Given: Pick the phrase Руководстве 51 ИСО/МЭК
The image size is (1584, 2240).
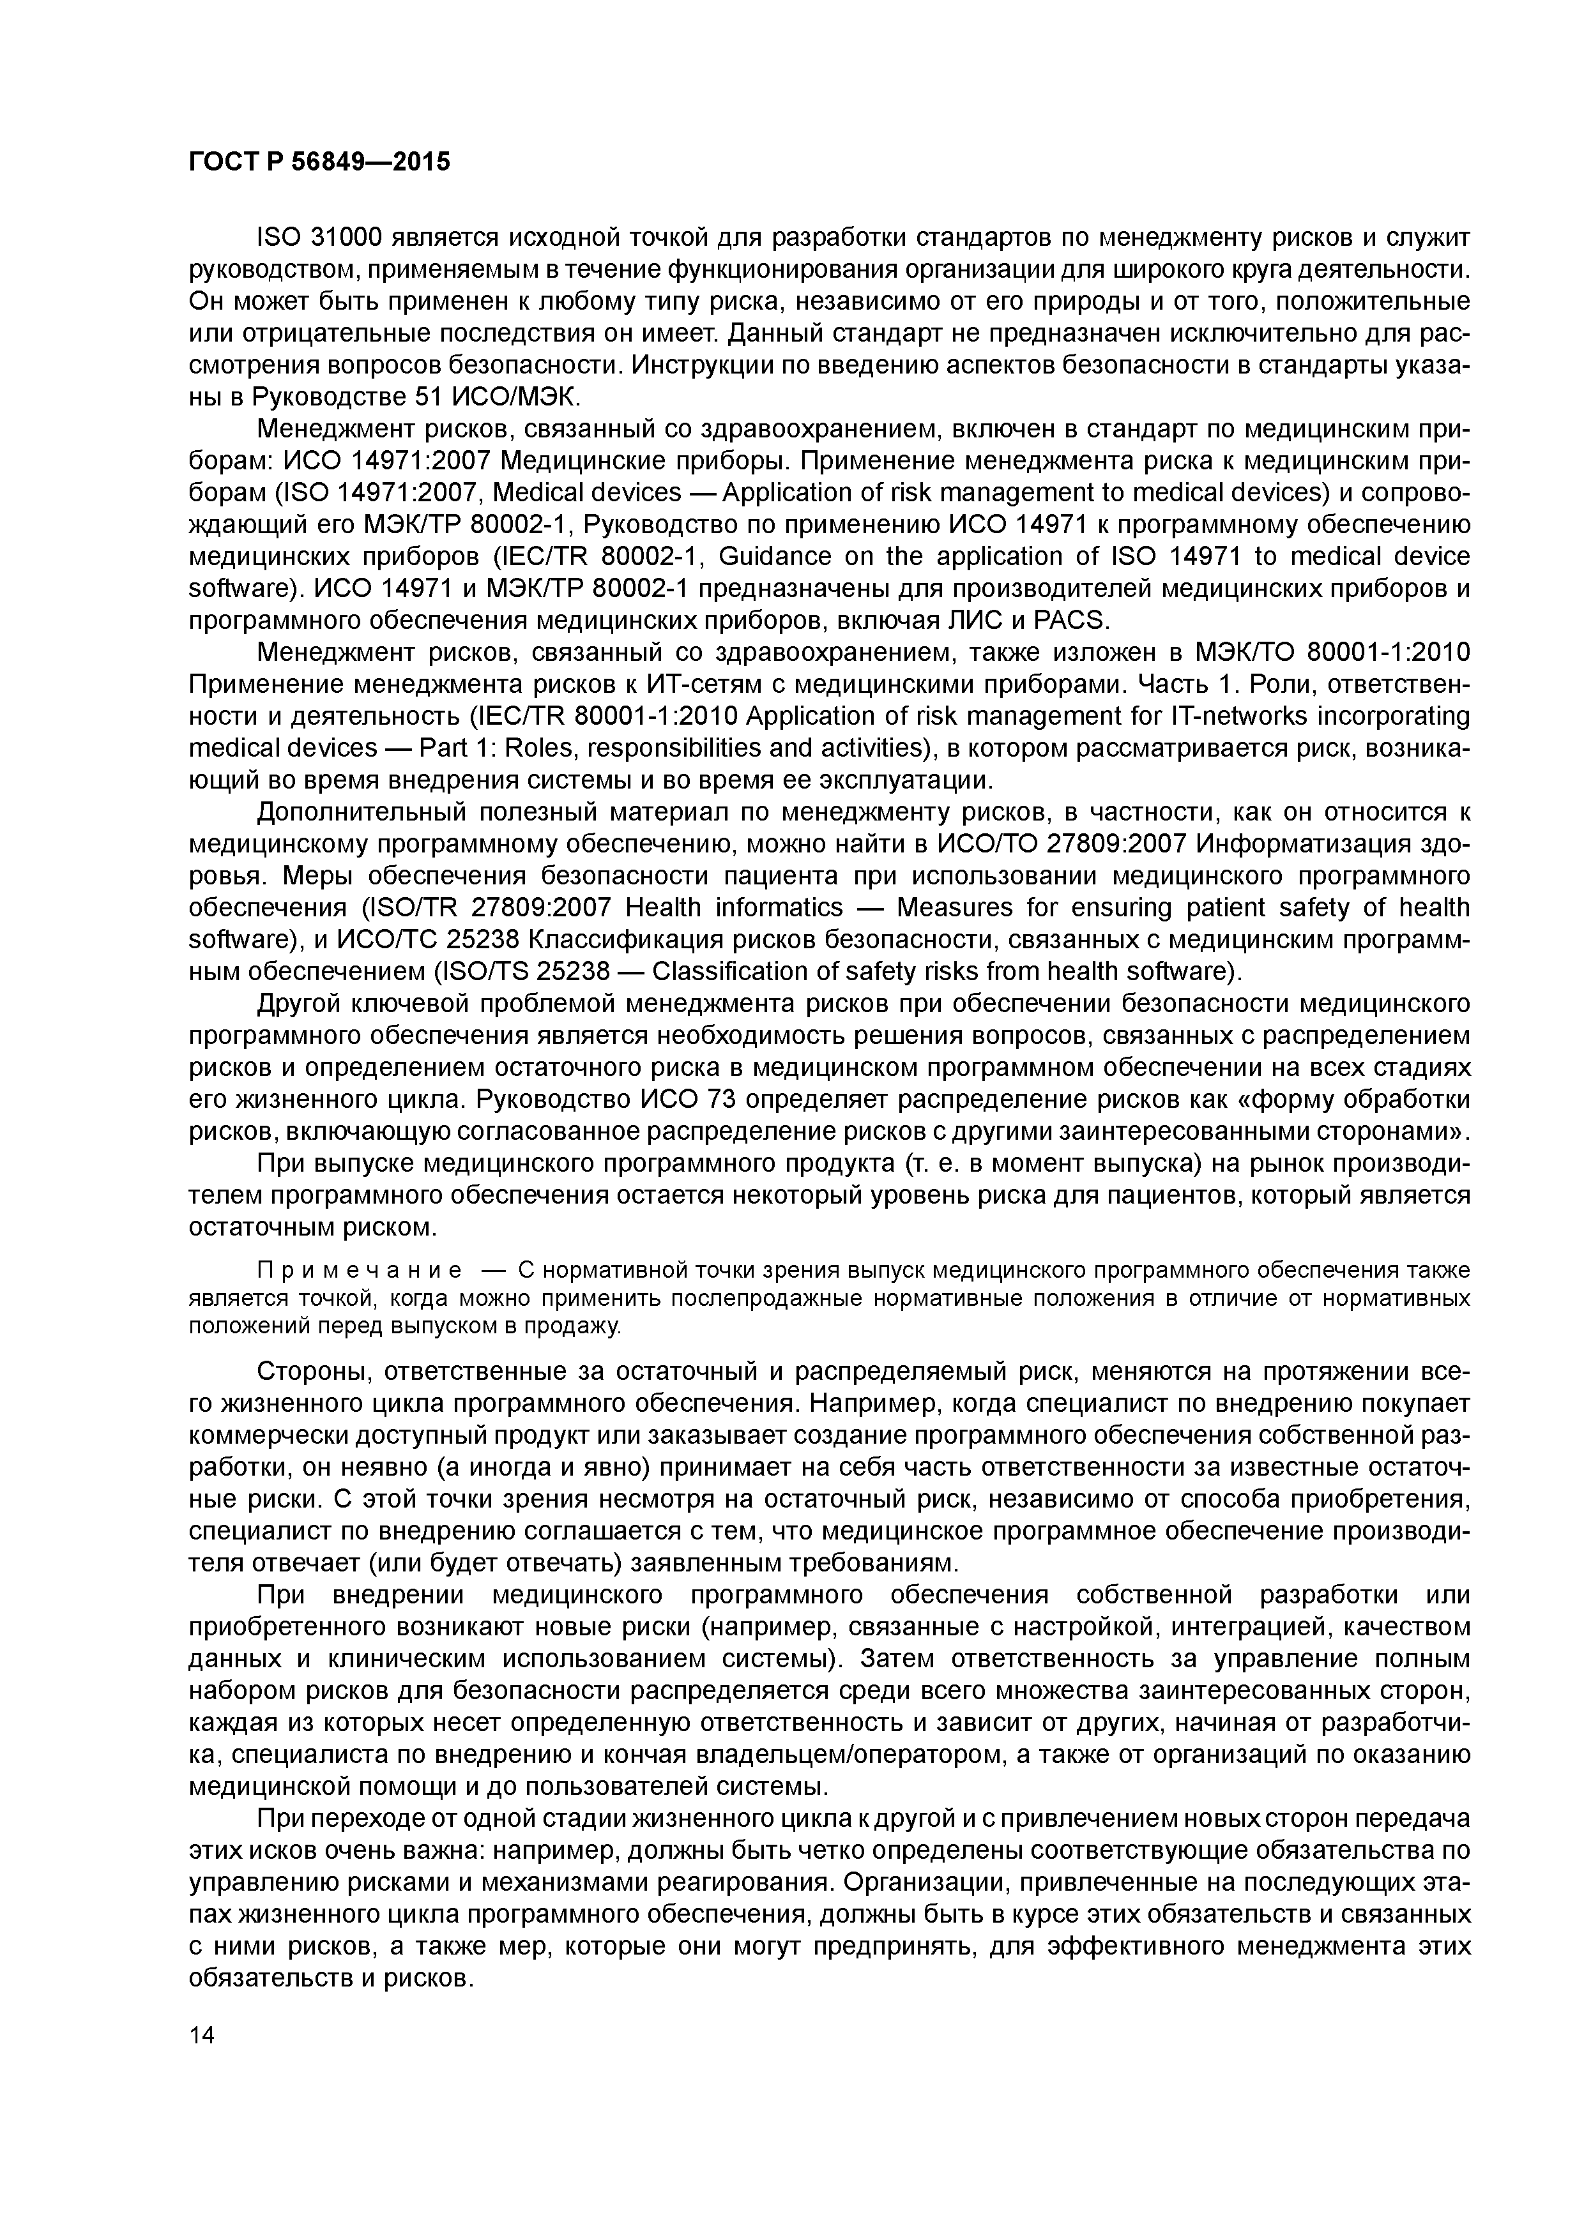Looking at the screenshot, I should pyautogui.click(x=415, y=397).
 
